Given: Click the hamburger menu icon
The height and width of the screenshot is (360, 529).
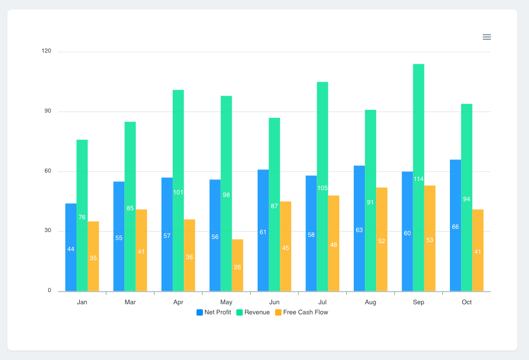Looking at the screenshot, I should (x=487, y=37).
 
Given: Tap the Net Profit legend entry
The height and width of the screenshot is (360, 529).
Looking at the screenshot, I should (x=214, y=312).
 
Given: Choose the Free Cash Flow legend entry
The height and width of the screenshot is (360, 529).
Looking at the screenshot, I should (x=301, y=312).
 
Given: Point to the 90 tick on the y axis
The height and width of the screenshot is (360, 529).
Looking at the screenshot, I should (x=47, y=111).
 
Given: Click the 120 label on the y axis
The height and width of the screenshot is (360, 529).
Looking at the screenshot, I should (x=46, y=52).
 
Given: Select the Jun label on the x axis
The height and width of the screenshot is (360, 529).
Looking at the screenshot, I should (x=275, y=302).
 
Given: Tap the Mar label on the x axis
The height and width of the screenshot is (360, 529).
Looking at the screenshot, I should (x=130, y=302).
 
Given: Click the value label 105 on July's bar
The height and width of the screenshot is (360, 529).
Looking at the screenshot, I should (x=322, y=188).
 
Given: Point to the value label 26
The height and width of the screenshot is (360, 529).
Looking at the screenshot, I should (x=237, y=267).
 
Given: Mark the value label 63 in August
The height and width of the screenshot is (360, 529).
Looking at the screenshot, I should (x=359, y=230).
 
